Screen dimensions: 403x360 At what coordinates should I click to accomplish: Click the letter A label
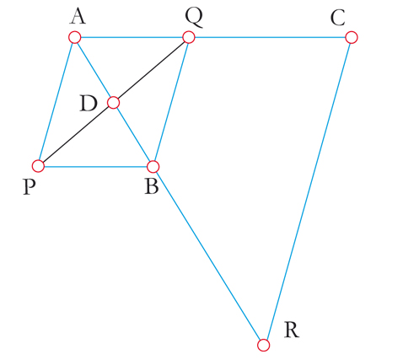(x=78, y=17)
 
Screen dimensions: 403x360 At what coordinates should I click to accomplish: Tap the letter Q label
(x=194, y=18)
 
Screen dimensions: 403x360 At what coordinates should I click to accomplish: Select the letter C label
(x=337, y=19)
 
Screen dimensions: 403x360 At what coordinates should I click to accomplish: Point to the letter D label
(x=89, y=104)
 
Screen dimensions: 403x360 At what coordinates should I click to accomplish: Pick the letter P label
(x=30, y=187)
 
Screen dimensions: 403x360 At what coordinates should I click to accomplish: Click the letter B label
(x=152, y=187)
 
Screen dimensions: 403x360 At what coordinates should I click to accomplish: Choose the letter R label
(x=292, y=330)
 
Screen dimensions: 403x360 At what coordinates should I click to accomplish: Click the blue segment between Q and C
(x=270, y=37)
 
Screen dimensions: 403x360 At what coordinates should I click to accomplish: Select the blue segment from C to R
(x=308, y=191)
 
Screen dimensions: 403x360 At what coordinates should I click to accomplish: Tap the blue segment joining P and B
(x=95, y=167)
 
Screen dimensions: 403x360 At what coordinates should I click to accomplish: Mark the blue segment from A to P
(x=56, y=102)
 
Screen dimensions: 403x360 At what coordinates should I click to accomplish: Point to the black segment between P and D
(x=76, y=134)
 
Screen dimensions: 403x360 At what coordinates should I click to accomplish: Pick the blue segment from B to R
(x=208, y=255)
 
